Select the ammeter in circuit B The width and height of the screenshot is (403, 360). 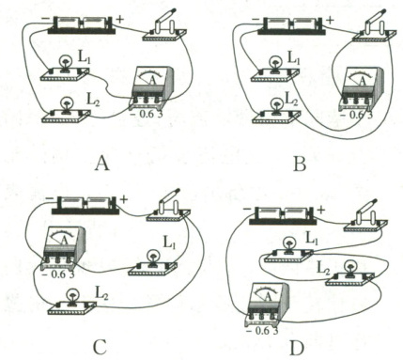click(x=363, y=88)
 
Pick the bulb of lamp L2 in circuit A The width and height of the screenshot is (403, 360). click(x=67, y=102)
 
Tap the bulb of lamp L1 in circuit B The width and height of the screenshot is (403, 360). click(x=276, y=61)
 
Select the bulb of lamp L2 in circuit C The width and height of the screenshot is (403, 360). click(x=72, y=295)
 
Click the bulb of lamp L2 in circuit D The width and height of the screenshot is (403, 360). click(x=349, y=267)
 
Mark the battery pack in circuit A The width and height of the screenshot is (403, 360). click(x=81, y=24)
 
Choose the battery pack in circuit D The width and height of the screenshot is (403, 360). click(x=283, y=215)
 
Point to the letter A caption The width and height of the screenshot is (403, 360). click(x=102, y=164)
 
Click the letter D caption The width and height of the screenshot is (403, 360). click(x=297, y=349)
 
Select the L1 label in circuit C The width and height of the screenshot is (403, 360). click(x=169, y=243)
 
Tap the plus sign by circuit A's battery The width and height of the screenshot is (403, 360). click(x=120, y=20)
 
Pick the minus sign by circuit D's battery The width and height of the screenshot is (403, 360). click(x=246, y=209)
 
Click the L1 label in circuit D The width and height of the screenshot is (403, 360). click(x=311, y=240)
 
